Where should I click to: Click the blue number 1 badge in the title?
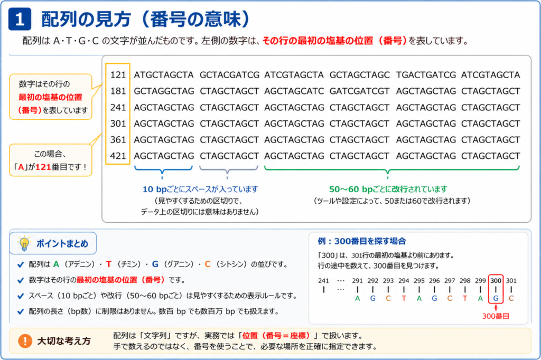click(20, 19)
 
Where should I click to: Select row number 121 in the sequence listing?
click(118, 75)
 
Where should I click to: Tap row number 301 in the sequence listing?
click(118, 124)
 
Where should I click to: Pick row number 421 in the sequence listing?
click(118, 156)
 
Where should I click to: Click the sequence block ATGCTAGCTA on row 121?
click(164, 75)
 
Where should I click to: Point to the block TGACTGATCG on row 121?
click(426, 75)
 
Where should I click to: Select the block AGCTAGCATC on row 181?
click(294, 91)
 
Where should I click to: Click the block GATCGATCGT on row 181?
click(359, 91)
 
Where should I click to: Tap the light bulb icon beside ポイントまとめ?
click(24, 243)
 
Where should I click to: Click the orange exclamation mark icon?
click(25, 341)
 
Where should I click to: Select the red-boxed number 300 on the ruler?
click(496, 281)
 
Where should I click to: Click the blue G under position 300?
click(496, 298)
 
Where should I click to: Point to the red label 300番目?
click(496, 316)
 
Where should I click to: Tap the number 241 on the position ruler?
click(323, 281)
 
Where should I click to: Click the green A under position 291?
click(358, 298)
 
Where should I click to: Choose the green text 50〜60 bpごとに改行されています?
click(388, 189)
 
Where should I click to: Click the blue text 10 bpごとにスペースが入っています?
click(200, 189)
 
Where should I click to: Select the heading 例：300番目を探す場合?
click(361, 241)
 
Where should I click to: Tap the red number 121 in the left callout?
click(43, 167)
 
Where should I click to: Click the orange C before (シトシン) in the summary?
click(207, 264)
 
